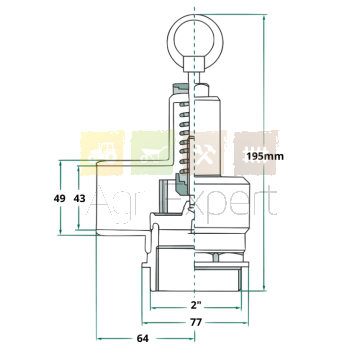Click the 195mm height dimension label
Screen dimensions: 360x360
[265, 156]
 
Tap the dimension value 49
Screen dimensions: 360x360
[60, 199]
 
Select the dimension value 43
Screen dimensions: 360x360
[79, 199]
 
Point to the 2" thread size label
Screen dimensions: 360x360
[197, 305]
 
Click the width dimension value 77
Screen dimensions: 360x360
[196, 323]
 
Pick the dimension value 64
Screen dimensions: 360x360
[143, 338]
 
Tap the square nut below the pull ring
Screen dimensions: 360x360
[194, 64]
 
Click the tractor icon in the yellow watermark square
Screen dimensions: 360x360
[102, 153]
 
